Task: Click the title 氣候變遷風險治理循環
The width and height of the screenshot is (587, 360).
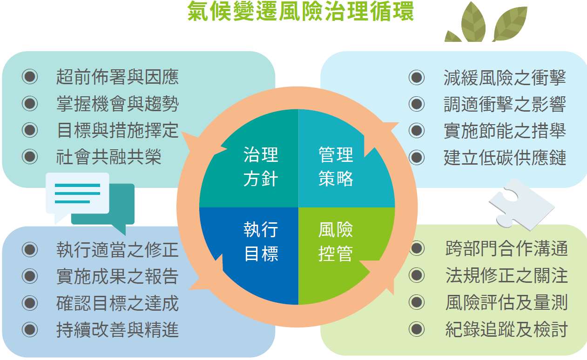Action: pyautogui.click(x=301, y=11)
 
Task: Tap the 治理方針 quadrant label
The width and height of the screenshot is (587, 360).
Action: pyautogui.click(x=261, y=167)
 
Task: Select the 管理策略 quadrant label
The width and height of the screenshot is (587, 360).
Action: pyautogui.click(x=336, y=167)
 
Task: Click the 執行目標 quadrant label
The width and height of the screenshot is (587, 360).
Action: pyautogui.click(x=261, y=241)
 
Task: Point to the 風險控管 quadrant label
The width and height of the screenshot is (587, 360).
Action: pyautogui.click(x=336, y=241)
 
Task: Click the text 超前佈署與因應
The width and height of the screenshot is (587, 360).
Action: pyautogui.click(x=117, y=77)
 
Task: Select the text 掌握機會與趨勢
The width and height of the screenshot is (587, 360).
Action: pyautogui.click(x=117, y=104)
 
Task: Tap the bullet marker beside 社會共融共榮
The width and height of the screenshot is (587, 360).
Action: pyautogui.click(x=30, y=157)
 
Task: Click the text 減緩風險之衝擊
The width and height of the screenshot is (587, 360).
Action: pyautogui.click(x=505, y=78)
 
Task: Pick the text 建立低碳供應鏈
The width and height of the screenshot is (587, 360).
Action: pyautogui.click(x=505, y=158)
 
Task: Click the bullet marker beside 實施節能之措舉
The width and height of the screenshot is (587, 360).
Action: pyautogui.click(x=417, y=131)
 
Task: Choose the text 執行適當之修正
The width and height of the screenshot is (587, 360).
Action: pyautogui.click(x=117, y=249)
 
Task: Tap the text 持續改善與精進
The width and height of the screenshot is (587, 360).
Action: pyautogui.click(x=117, y=330)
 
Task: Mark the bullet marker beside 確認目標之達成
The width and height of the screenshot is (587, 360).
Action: pyautogui.click(x=30, y=303)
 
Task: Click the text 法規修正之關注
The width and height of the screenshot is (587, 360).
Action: pyautogui.click(x=506, y=275)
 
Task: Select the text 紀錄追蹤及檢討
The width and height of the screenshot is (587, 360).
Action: pyautogui.click(x=506, y=329)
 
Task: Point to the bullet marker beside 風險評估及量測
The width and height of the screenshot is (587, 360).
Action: pyautogui.click(x=417, y=302)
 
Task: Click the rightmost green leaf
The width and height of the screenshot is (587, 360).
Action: pyautogui.click(x=511, y=24)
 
